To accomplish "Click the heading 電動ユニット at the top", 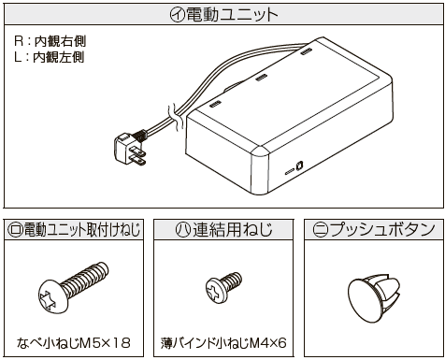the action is click(232, 15).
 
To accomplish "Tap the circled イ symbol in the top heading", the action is click(178, 15).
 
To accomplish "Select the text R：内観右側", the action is click(50, 41).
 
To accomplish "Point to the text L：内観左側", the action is click(50, 57).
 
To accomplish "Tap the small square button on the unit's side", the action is click(299, 166).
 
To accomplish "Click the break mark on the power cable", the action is click(174, 118).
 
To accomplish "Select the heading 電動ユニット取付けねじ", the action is click(82, 230).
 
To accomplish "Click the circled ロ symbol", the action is click(15, 230).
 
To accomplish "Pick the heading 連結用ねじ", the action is click(233, 230).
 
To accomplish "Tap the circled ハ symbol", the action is click(183, 230).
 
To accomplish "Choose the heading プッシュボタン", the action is click(382, 230).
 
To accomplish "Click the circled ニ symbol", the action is click(320, 230).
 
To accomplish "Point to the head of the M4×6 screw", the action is click(214, 290).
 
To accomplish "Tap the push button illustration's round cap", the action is click(363, 301).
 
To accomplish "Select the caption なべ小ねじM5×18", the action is click(74, 343).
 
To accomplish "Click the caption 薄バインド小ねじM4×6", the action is click(223, 343).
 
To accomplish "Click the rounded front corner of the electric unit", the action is click(260, 153).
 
